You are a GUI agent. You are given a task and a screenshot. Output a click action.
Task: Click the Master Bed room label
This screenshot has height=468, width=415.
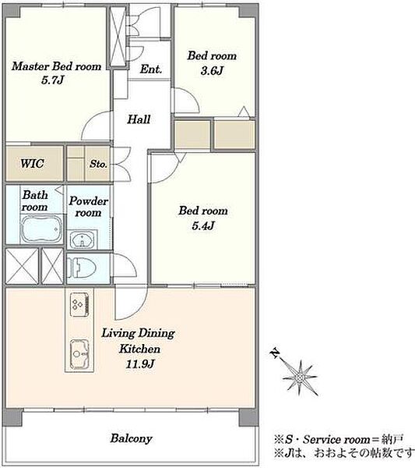pos(57,66)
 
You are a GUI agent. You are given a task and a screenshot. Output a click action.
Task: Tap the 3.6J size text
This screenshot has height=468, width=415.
pos(212,71)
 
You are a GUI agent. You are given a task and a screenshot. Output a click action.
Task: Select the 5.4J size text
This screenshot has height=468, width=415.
pos(203,225)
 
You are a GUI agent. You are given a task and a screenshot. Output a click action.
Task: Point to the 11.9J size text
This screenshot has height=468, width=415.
pos(140,364)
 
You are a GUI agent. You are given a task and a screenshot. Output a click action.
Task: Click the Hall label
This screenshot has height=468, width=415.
pos(139,119)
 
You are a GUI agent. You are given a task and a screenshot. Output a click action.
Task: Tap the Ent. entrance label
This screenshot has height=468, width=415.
pos(151,69)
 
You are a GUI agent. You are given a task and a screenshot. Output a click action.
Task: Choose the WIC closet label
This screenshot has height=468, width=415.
pos(32,163)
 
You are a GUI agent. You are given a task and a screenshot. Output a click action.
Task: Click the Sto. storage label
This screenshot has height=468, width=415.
pos(98,164)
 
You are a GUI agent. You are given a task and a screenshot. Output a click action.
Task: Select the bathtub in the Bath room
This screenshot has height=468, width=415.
pos(42,229)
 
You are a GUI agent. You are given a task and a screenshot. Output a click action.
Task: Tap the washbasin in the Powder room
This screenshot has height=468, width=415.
pos(82,239)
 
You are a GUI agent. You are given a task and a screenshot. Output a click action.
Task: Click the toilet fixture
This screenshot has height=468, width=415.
pos(81,268)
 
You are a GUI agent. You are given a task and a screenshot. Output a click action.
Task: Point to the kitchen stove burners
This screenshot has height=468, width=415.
pos(79,304)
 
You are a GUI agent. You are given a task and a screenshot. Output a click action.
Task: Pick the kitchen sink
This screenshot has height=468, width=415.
pos(79,354)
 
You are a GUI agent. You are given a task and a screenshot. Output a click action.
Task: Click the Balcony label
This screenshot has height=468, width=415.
pos(131,438)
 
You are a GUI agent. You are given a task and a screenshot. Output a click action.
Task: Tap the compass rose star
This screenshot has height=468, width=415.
pos(301,378)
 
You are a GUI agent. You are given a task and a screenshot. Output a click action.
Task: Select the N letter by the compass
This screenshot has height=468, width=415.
pos(275,353)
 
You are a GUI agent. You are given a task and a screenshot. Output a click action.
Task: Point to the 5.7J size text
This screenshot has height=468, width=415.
pos(52,80)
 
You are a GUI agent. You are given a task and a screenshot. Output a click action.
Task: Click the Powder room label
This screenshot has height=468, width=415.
pos(88,207)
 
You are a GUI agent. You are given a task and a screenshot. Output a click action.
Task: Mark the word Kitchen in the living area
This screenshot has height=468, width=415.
pos(139,349)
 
